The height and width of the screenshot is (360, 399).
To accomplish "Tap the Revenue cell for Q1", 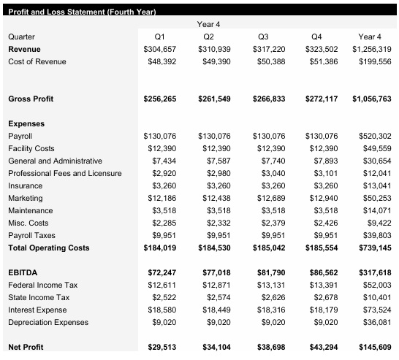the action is (x=159, y=48).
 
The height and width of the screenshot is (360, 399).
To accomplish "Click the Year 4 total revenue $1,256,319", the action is (x=371, y=48).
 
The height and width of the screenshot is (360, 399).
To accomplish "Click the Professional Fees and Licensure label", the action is (x=64, y=173).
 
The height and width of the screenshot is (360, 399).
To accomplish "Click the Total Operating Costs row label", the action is (x=48, y=248).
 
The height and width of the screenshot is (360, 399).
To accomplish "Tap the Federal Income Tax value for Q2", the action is (x=213, y=285).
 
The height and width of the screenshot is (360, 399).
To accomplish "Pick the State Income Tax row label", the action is (x=39, y=297).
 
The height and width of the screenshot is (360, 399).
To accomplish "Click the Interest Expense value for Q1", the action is (x=161, y=310).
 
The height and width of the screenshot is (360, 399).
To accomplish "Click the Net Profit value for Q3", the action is (x=268, y=347).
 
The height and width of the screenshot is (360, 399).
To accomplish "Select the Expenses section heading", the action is (x=26, y=123).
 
